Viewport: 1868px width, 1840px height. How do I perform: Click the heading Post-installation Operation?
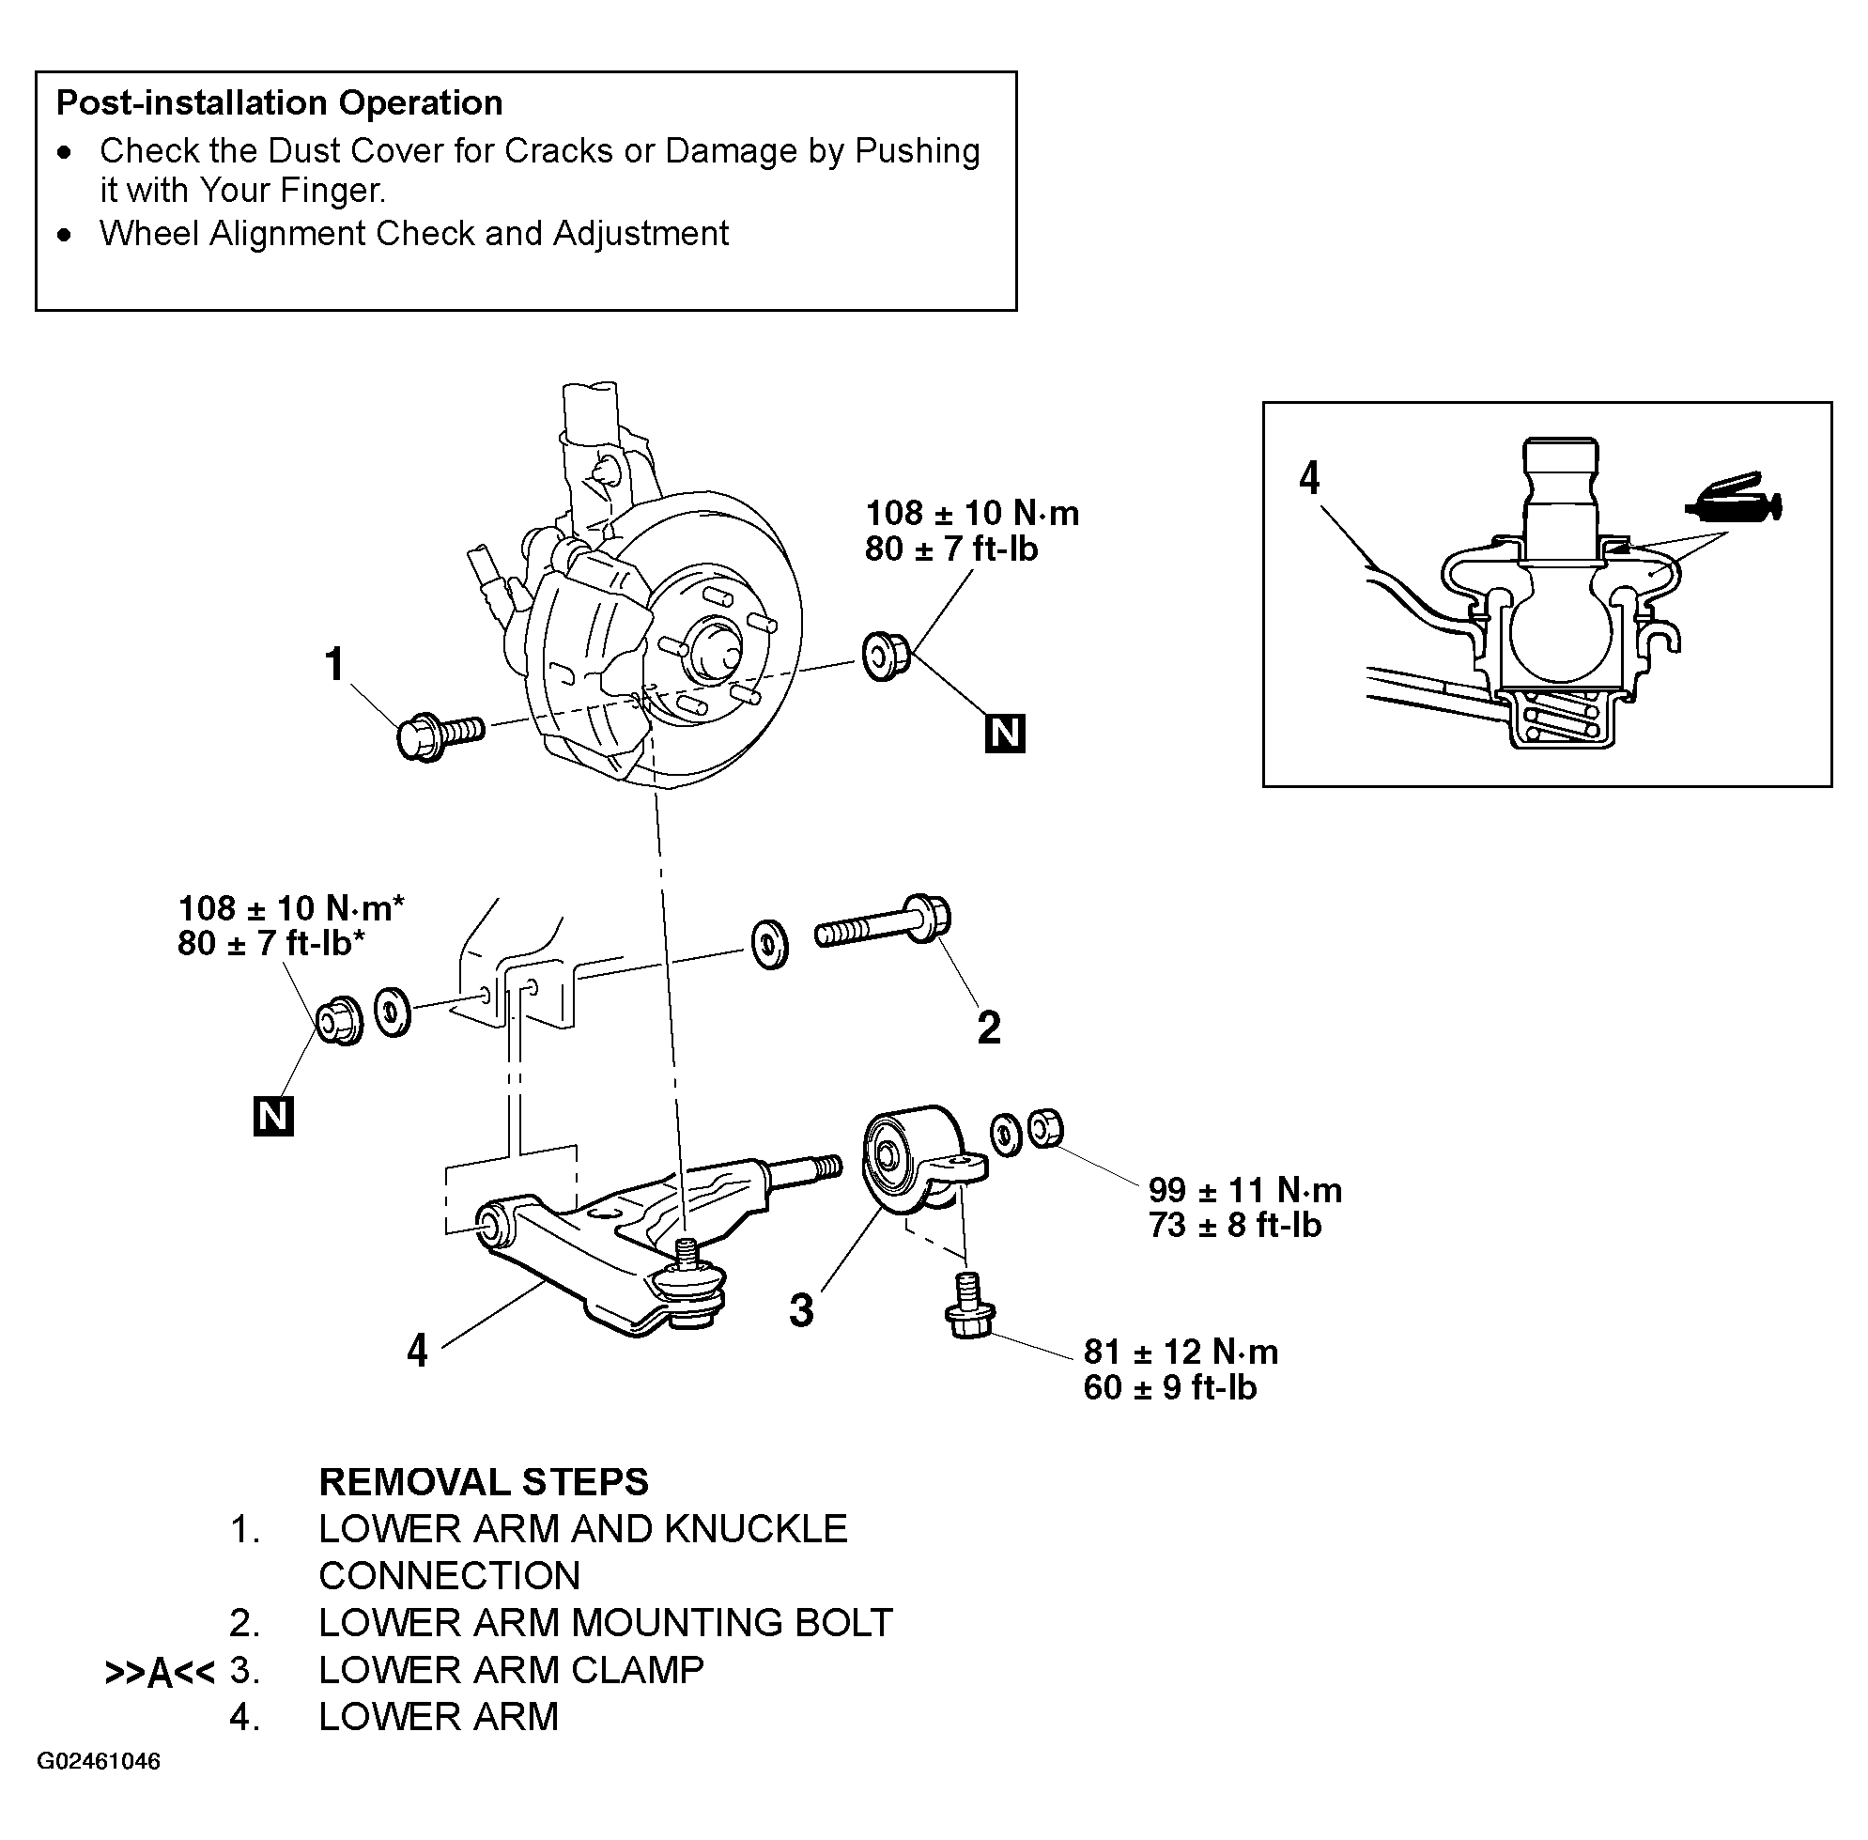click(x=279, y=102)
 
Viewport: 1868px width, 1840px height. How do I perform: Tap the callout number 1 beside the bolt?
click(x=334, y=665)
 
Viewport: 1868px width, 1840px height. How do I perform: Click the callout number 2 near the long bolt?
click(x=989, y=1028)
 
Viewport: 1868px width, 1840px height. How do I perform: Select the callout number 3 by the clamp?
click(x=802, y=1310)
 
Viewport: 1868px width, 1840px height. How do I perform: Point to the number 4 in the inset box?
click(x=1309, y=477)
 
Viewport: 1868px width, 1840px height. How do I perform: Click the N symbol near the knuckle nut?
click(x=1005, y=734)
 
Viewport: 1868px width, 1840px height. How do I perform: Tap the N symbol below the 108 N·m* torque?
click(x=273, y=1116)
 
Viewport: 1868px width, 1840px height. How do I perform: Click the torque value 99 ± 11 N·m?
click(x=1245, y=1190)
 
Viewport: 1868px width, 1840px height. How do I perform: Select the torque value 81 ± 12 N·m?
click(x=1181, y=1351)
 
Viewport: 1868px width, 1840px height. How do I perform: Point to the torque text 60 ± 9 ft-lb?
click(x=1170, y=1387)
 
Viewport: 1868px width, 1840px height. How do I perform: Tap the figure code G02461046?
click(x=99, y=1761)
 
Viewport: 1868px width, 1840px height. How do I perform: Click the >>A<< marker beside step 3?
click(x=160, y=1674)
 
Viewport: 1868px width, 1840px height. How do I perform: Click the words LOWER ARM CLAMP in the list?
click(x=511, y=1670)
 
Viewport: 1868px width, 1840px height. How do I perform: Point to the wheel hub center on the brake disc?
click(x=712, y=650)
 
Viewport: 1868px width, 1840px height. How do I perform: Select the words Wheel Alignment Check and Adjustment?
click(x=413, y=234)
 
